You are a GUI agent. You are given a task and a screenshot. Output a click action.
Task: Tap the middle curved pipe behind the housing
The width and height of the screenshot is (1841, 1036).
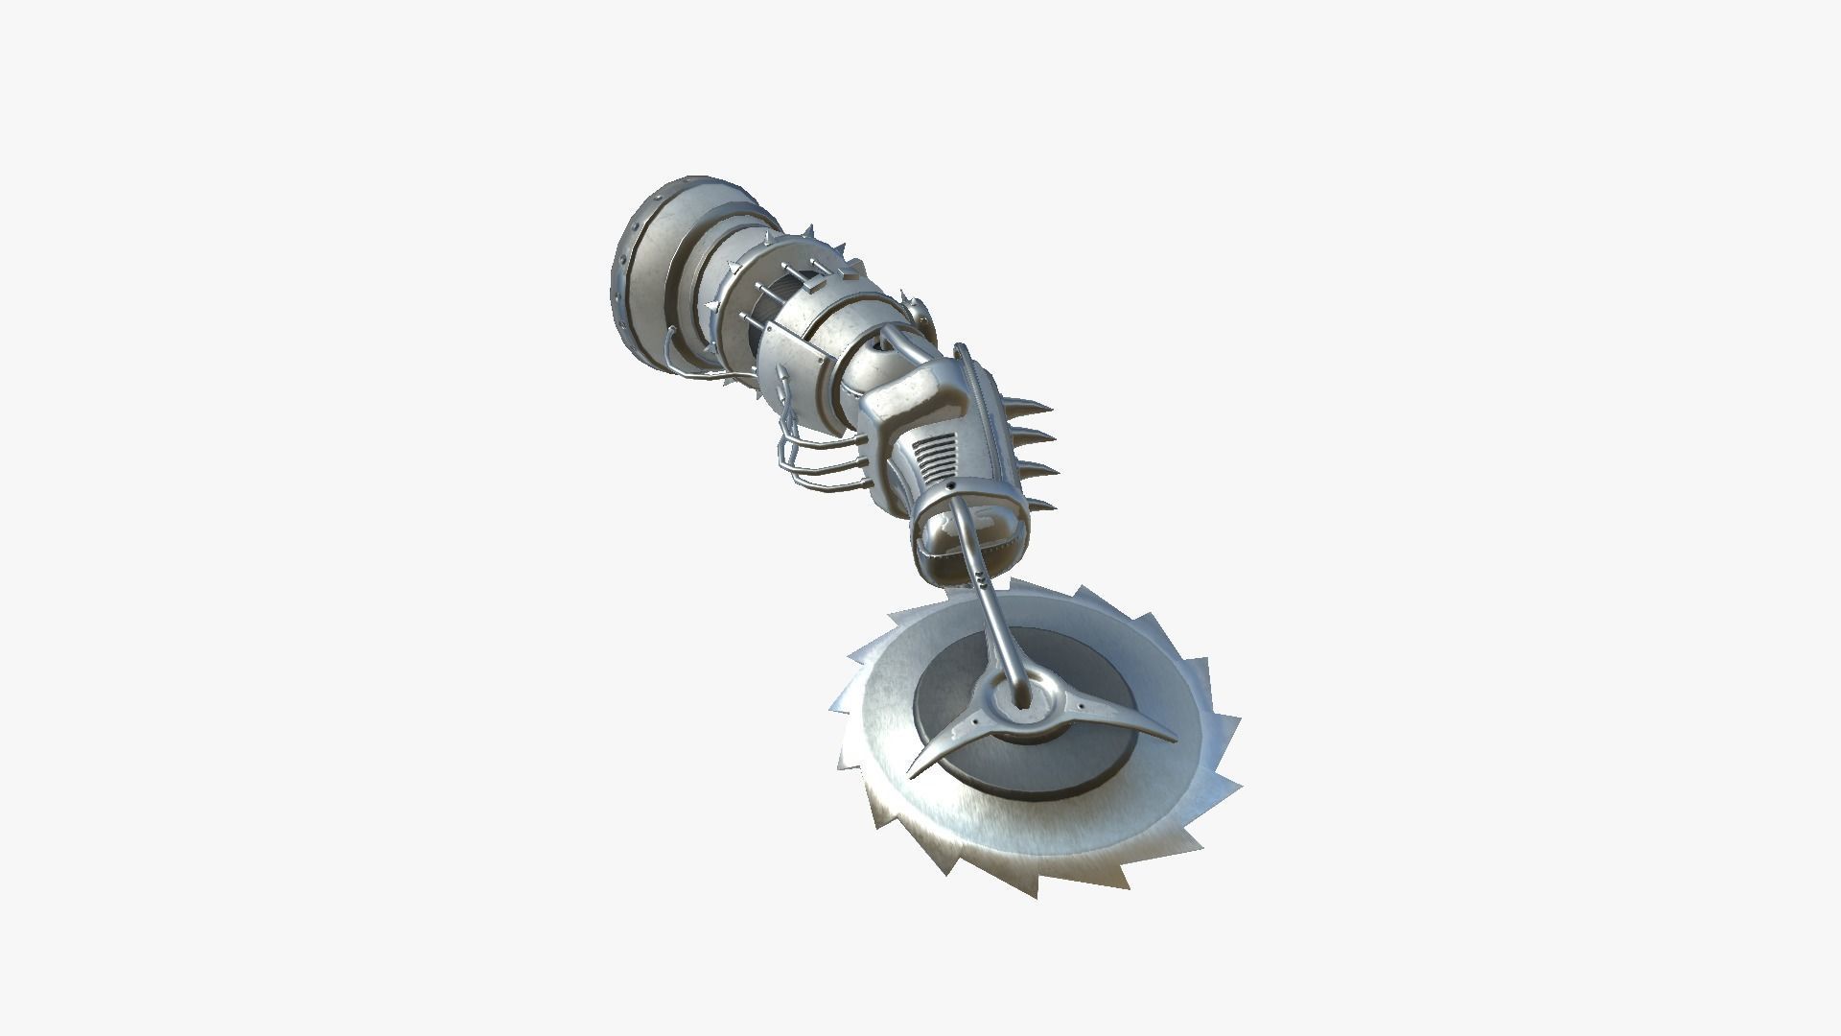(x=820, y=460)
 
